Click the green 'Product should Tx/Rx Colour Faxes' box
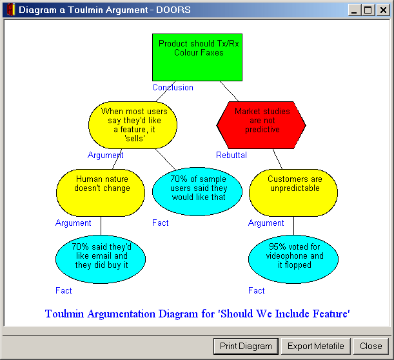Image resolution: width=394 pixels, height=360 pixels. click(x=197, y=57)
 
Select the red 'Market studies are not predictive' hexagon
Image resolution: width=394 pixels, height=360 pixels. click(x=261, y=125)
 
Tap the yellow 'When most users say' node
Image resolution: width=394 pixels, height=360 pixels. click(x=133, y=125)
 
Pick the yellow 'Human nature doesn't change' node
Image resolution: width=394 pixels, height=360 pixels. click(x=101, y=193)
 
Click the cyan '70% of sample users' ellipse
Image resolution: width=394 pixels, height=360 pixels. click(x=197, y=192)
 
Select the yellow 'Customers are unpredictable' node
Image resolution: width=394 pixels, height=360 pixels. click(x=293, y=193)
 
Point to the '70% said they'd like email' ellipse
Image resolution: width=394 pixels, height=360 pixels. click(x=101, y=259)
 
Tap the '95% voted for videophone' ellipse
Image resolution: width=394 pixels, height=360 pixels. click(x=293, y=259)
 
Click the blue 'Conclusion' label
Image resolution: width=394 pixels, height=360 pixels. click(x=173, y=88)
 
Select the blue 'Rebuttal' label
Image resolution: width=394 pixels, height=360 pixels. click(x=231, y=155)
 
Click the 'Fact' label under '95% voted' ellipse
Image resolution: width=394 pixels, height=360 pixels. click(x=256, y=290)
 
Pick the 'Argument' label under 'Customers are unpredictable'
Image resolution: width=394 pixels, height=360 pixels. click(x=266, y=223)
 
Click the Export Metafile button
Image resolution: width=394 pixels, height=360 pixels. click(x=315, y=346)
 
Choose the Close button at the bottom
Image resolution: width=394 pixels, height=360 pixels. click(x=371, y=346)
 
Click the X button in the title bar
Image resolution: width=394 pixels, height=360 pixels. click(x=383, y=10)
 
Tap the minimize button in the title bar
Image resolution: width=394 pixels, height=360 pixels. click(x=355, y=10)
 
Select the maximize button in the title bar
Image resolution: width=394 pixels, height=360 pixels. click(x=368, y=10)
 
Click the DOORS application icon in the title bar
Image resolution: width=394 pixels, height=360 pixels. click(x=11, y=10)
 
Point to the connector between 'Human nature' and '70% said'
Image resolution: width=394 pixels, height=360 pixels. click(x=101, y=226)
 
